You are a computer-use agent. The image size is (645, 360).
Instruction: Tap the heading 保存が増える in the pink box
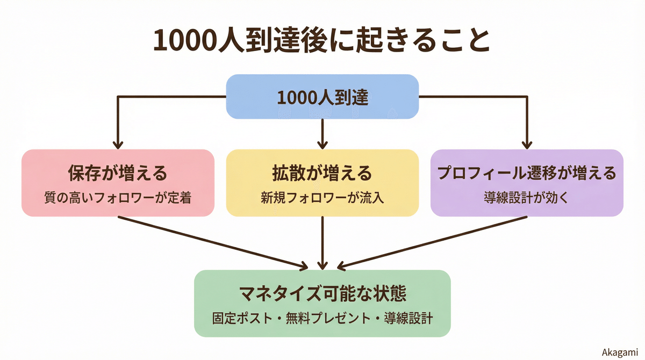pyautogui.click(x=118, y=174)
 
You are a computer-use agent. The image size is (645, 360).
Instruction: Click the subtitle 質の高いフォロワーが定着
pyautogui.click(x=118, y=197)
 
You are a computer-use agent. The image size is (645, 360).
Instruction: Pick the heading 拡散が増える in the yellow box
pyautogui.click(x=322, y=174)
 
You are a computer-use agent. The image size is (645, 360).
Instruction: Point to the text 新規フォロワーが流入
pyautogui.click(x=322, y=197)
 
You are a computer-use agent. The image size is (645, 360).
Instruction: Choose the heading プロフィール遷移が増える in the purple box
pyautogui.click(x=527, y=174)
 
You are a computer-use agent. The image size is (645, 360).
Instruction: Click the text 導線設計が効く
pyautogui.click(x=527, y=197)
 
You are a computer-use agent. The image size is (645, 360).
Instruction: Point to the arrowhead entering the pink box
pyautogui.click(x=118, y=145)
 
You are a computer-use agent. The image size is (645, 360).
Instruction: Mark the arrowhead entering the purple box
pyautogui.click(x=527, y=145)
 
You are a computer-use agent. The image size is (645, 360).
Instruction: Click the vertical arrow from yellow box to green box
pyautogui.click(x=322, y=242)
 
